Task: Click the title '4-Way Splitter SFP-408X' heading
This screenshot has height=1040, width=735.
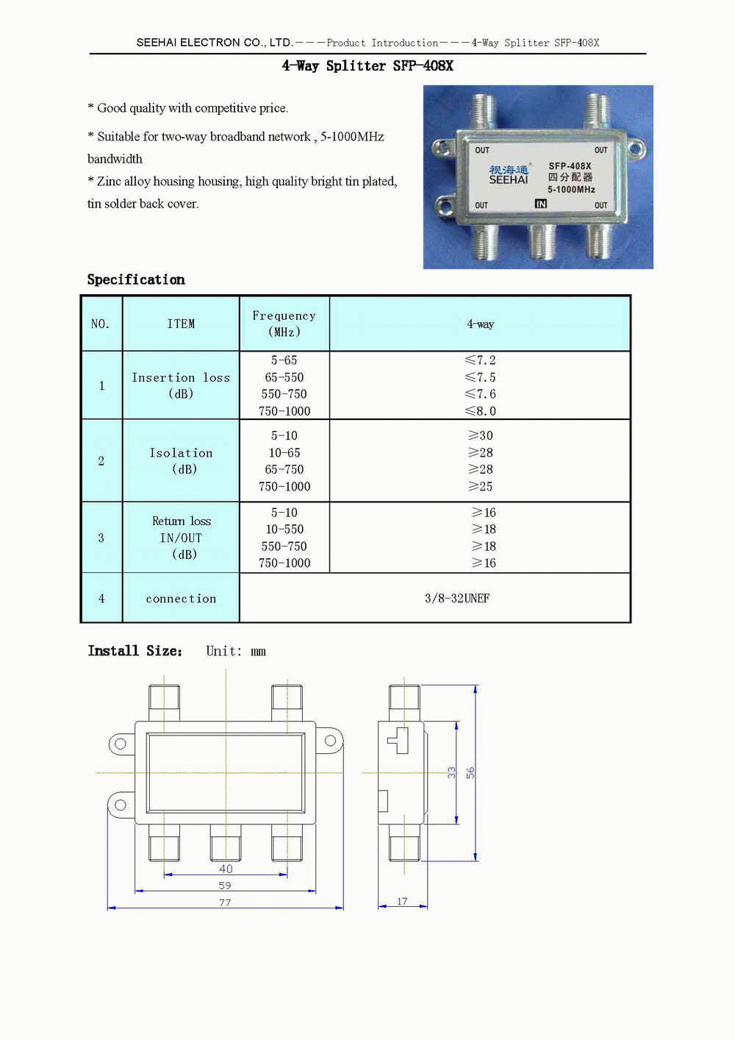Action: point(367,66)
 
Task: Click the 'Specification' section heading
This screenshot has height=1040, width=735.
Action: point(136,279)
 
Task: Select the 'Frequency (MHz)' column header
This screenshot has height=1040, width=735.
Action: point(284,324)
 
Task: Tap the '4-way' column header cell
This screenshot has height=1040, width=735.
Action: point(480,324)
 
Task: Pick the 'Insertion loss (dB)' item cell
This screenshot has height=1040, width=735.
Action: point(181,385)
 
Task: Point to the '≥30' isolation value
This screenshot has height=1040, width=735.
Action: point(480,435)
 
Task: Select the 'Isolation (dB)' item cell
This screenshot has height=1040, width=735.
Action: point(181,461)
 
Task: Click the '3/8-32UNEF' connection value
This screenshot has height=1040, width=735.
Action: point(457,598)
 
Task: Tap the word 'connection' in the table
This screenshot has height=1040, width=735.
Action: point(181,599)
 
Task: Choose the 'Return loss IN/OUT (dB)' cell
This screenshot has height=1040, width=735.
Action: point(181,538)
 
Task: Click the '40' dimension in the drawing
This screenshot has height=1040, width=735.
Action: point(226,869)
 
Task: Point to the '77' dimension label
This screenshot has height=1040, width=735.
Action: point(225,902)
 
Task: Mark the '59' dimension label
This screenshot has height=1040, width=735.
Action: point(225,886)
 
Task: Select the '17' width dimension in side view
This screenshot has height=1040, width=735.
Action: point(402,901)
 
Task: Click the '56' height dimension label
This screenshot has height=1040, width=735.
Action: point(470,772)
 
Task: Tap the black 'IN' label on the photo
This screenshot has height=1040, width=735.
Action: point(541,204)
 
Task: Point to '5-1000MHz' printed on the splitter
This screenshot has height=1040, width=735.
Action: point(571,190)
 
